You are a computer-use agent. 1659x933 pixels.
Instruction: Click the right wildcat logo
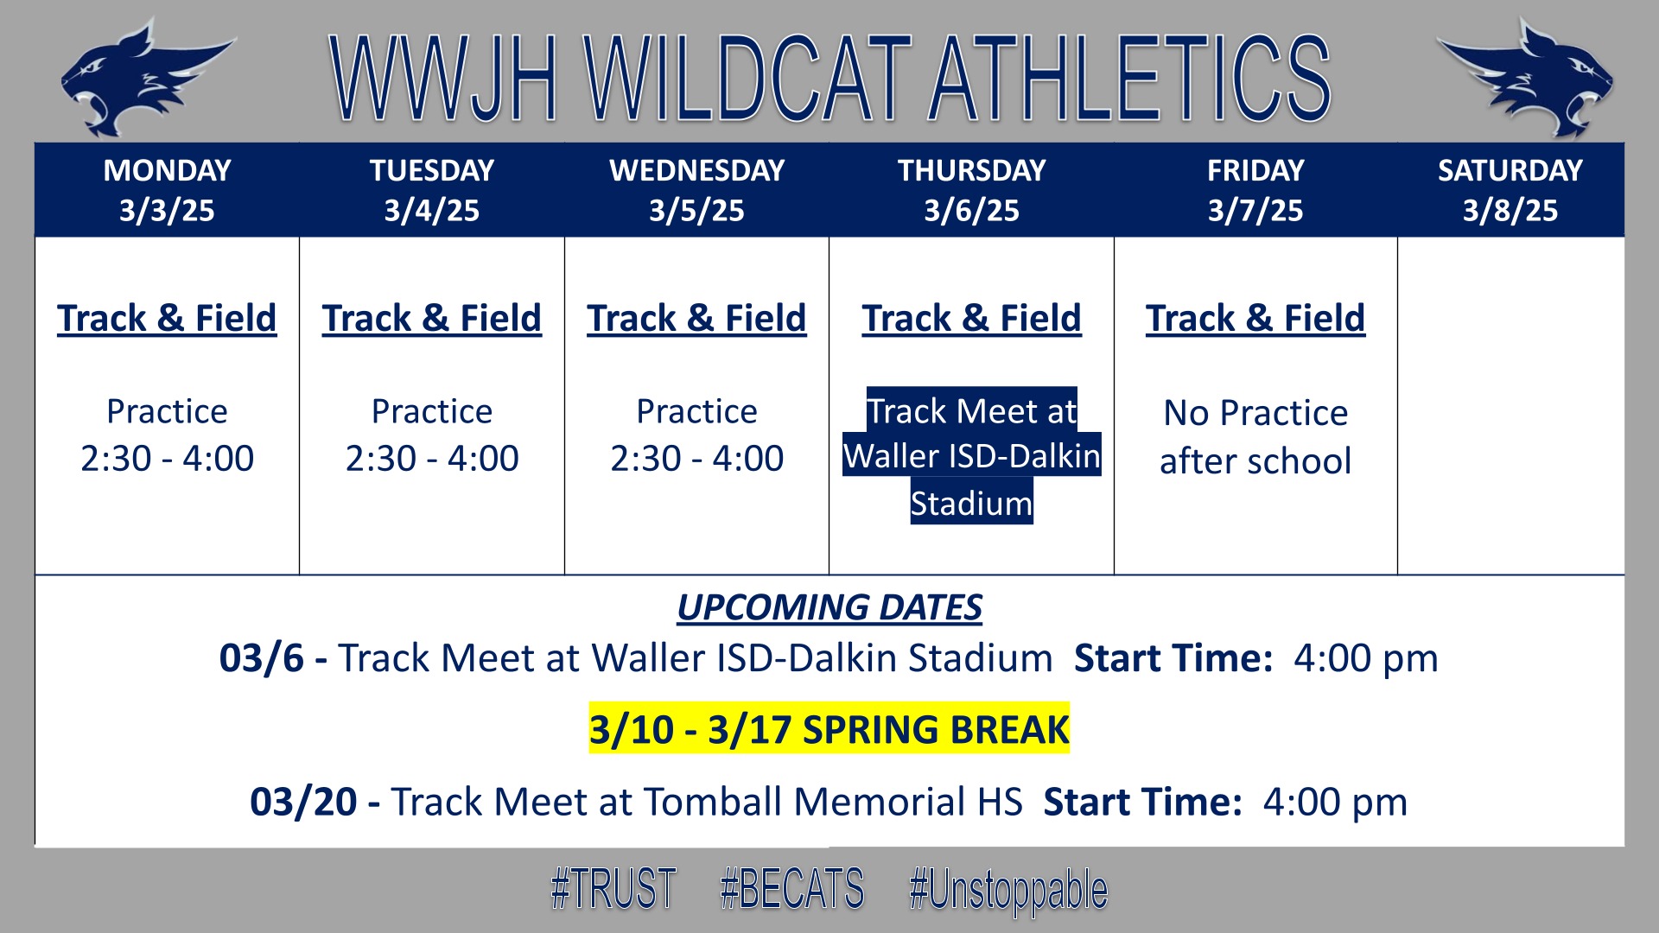click(x=1524, y=79)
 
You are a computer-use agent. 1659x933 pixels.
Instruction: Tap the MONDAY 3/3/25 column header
click(x=167, y=190)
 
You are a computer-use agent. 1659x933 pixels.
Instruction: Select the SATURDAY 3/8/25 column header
click(x=1510, y=190)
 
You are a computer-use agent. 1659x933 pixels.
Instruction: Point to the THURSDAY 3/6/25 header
click(x=971, y=190)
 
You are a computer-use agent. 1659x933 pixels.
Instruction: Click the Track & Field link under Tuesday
click(x=432, y=318)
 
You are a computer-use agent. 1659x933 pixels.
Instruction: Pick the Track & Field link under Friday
click(x=1255, y=318)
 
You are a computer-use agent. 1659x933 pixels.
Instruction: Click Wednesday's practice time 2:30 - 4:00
click(x=696, y=458)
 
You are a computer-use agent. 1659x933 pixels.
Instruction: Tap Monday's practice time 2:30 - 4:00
click(x=167, y=458)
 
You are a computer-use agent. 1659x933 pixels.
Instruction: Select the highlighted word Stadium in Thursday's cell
click(x=971, y=503)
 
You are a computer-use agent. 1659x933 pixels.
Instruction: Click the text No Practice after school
click(x=1255, y=437)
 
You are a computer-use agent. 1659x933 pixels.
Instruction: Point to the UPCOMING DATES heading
click(x=829, y=607)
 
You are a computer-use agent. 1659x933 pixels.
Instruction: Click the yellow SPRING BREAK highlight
click(x=829, y=728)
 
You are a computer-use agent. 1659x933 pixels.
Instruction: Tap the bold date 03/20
click(x=303, y=802)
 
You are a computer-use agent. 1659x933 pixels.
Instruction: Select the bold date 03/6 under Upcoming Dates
click(x=262, y=658)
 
